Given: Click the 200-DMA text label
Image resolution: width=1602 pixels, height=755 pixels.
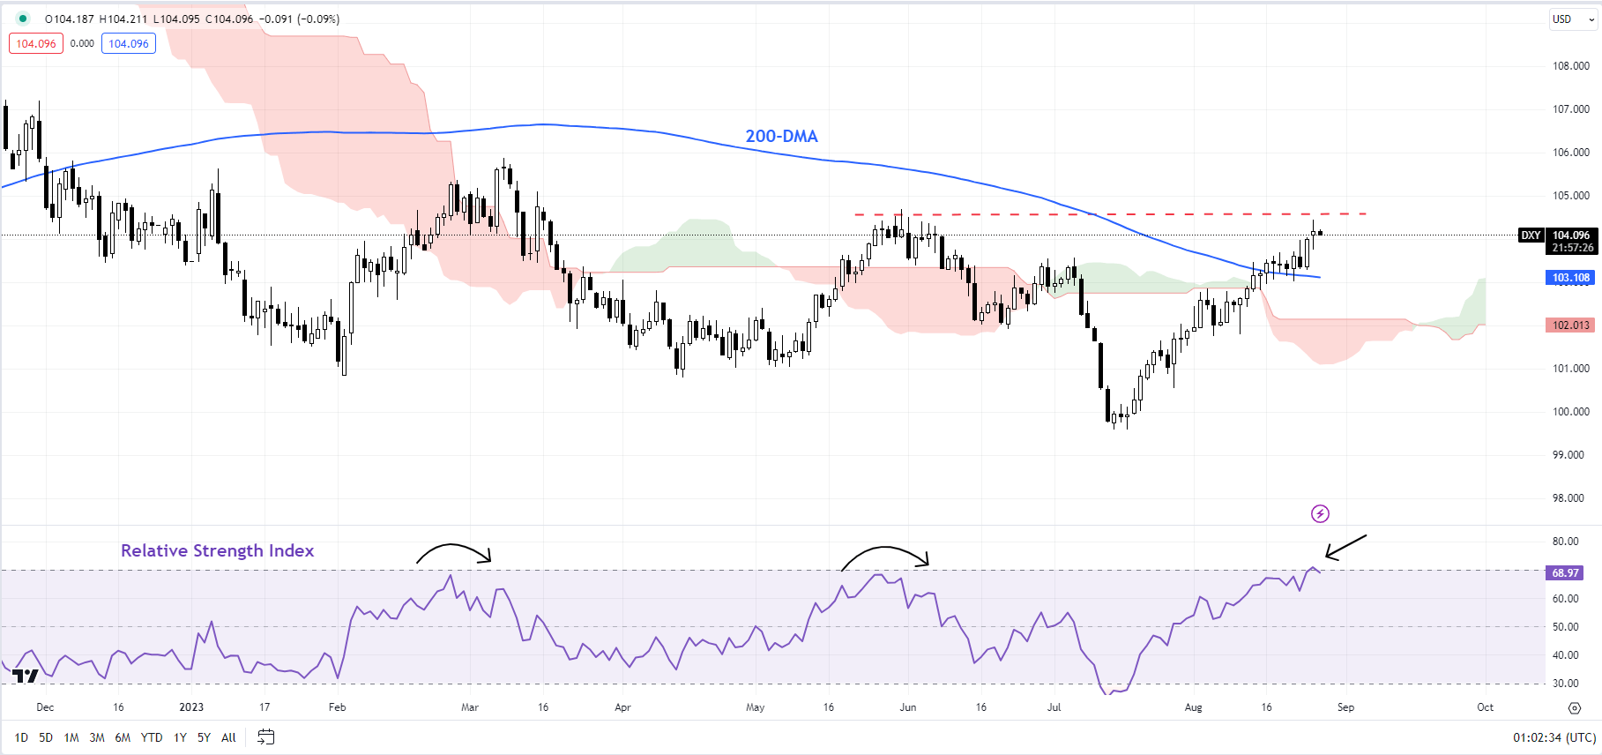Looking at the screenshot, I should [x=781, y=137].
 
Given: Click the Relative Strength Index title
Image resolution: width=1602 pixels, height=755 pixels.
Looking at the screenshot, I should [x=217, y=550].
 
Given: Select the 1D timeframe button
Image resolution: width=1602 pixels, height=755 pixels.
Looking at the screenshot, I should [x=21, y=737].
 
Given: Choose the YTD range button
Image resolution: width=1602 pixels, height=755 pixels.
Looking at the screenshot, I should [x=152, y=737].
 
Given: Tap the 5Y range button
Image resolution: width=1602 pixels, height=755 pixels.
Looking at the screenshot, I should [x=204, y=737].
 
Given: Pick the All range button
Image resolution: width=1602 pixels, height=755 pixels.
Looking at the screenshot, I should [x=228, y=737].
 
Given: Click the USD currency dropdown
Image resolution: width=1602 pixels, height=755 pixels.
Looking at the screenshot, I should [x=1572, y=19].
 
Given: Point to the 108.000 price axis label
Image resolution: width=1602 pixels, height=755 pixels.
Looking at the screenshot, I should [x=1571, y=66].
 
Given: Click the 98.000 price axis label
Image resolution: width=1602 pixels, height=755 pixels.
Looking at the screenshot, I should [x=1571, y=498].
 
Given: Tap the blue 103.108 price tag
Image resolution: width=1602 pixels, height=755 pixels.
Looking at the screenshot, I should [x=1571, y=278].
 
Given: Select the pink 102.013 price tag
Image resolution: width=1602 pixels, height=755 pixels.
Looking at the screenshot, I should [x=1571, y=325].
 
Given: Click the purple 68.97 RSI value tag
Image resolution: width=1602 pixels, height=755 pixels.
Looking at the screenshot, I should [x=1566, y=573].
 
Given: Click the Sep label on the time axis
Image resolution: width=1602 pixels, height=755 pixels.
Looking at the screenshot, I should [x=1345, y=707].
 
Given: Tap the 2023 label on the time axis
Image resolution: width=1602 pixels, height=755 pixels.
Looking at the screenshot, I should [x=191, y=707].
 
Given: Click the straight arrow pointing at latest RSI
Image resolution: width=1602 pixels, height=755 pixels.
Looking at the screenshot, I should [x=1345, y=547].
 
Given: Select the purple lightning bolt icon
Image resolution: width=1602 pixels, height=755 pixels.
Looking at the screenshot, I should [x=1320, y=513].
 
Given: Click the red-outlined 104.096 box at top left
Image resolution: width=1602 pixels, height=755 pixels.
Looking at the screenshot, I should [x=36, y=43].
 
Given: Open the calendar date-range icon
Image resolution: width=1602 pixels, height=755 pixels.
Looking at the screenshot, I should [x=265, y=737].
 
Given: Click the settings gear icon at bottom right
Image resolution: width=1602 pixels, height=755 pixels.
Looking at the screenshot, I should [x=1575, y=707].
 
